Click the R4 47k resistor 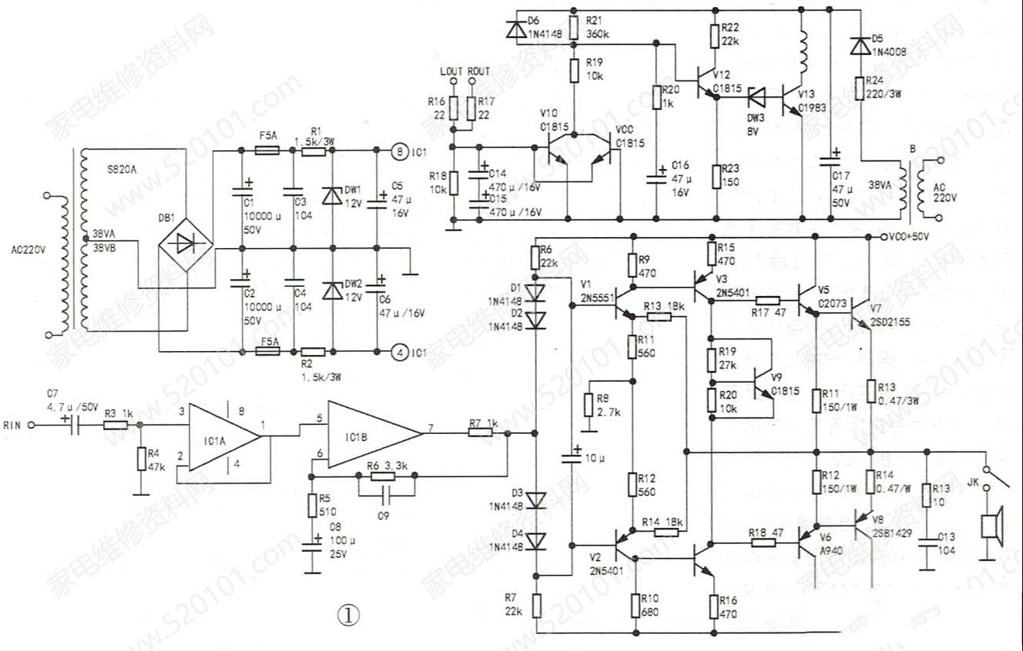click(x=140, y=459)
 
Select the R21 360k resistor click(x=573, y=28)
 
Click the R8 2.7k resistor click(x=590, y=408)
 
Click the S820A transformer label click(x=121, y=168)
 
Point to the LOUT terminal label click(x=451, y=71)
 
